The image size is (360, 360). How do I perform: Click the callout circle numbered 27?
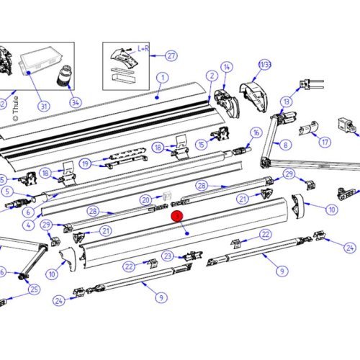point(171,55)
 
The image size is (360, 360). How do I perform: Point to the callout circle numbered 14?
point(227,67)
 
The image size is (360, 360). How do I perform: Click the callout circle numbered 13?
point(287,102)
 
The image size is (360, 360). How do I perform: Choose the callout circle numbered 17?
point(325,143)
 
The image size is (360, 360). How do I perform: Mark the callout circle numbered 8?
point(286,145)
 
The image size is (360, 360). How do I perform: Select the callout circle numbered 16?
point(256,132)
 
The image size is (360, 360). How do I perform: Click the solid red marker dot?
point(176,215)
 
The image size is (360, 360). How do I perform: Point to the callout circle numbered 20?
point(145,199)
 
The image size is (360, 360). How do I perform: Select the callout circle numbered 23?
point(167,256)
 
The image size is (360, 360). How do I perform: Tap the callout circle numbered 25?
point(34,289)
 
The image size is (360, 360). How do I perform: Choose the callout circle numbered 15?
point(202,145)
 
